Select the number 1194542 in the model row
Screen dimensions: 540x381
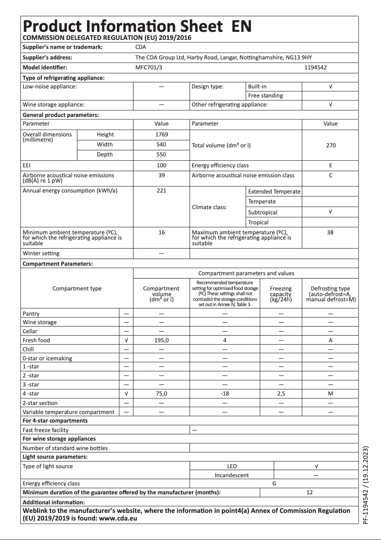pyautogui.click(x=315, y=67)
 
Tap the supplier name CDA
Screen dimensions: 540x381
pyautogui.click(x=141, y=47)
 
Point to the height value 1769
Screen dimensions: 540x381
pyautogui.click(x=162, y=135)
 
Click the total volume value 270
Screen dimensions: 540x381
pyautogui.click(x=331, y=145)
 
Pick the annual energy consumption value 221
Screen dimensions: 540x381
pyautogui.click(x=162, y=191)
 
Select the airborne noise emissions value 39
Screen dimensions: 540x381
pyautogui.click(x=162, y=175)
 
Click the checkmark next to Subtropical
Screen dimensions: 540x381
pyautogui.click(x=331, y=212)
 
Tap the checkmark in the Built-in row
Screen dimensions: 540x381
pyautogui.click(x=331, y=87)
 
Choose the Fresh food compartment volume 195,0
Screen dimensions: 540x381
pyautogui.click(x=162, y=340)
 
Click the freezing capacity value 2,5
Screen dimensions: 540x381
pyautogui.click(x=281, y=394)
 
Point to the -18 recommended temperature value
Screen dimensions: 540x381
pyautogui.click(x=225, y=394)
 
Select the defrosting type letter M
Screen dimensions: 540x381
pyautogui.click(x=331, y=394)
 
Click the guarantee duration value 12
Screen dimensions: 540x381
pyautogui.click(x=310, y=492)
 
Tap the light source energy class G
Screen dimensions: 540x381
pyautogui.click(x=274, y=483)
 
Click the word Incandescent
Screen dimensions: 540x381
pyautogui.click(x=232, y=475)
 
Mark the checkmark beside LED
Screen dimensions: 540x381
pyautogui.click(x=316, y=466)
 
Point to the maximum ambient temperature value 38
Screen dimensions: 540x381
pyautogui.click(x=331, y=232)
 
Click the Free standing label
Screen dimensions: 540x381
pyautogui.click(x=265, y=96)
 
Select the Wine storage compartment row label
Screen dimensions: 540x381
pyautogui.click(x=39, y=322)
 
